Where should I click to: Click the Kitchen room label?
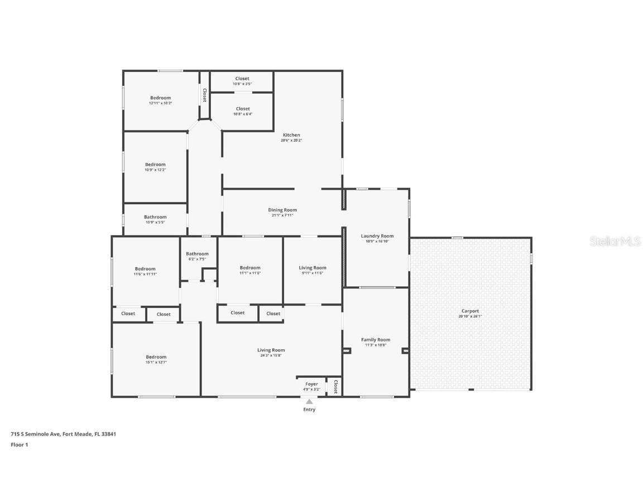click(x=291, y=135)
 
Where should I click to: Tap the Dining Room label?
click(x=282, y=210)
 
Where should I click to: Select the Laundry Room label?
click(x=377, y=236)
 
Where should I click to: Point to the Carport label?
click(x=470, y=311)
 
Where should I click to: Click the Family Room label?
click(x=376, y=340)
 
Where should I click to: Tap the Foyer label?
click(x=311, y=384)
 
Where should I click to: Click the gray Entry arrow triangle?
click(x=309, y=401)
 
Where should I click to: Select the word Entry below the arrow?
click(x=309, y=409)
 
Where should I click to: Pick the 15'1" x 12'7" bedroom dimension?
click(x=156, y=363)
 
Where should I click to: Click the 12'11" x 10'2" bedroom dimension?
click(x=160, y=103)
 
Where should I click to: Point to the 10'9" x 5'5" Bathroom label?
click(x=155, y=217)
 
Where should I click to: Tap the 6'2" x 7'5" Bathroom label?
click(x=197, y=254)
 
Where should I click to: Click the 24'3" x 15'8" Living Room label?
click(x=271, y=350)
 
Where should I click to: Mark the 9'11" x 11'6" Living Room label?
click(x=313, y=268)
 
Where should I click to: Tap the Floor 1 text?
click(x=20, y=445)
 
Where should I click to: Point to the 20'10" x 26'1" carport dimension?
click(x=470, y=316)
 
